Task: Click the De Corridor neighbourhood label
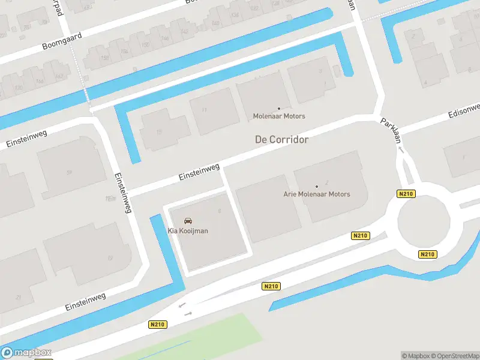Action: click(x=281, y=139)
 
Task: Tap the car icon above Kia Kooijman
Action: click(x=188, y=221)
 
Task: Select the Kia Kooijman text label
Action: click(x=188, y=231)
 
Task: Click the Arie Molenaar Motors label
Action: click(x=316, y=194)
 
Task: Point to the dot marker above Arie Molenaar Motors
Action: click(x=317, y=187)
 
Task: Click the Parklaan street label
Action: click(x=390, y=130)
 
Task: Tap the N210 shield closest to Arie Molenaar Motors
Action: click(x=360, y=236)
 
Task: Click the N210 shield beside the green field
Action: click(x=157, y=325)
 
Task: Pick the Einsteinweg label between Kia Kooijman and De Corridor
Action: click(x=199, y=172)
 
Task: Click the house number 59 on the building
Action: click(x=69, y=172)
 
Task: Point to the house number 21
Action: click(x=19, y=297)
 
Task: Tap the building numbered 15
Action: click(x=160, y=131)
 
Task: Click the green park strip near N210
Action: click(x=198, y=336)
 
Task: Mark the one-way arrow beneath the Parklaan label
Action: click(x=401, y=149)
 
